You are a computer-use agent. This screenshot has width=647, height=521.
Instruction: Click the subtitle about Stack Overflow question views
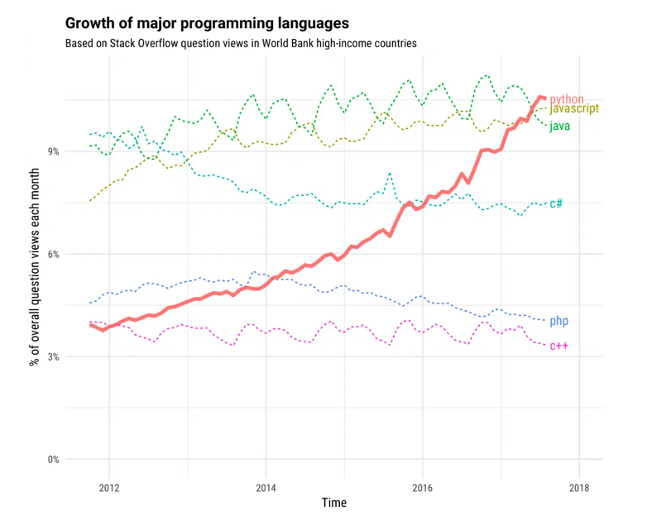[240, 42]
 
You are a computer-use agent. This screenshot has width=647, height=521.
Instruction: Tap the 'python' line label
[567, 99]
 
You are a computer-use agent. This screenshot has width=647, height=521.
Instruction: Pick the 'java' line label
[559, 126]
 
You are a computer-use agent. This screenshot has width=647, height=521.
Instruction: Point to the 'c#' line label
[557, 203]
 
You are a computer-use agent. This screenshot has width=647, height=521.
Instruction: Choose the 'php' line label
[559, 321]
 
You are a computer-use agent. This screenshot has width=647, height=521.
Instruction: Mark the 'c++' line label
[559, 346]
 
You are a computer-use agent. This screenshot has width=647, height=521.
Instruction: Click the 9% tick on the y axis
[53, 151]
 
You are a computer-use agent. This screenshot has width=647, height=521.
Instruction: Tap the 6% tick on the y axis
[53, 254]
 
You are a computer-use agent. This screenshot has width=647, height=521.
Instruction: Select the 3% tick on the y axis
[53, 356]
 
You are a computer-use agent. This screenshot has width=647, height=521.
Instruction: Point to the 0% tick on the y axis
[53, 460]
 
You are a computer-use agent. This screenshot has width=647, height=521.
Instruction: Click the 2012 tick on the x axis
[109, 486]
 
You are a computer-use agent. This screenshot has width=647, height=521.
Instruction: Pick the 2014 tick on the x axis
[266, 486]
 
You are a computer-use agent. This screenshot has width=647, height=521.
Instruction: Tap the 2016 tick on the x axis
[422, 486]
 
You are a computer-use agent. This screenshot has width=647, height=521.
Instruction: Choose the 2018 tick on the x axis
[579, 486]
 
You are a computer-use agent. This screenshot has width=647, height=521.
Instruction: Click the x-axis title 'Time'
[334, 503]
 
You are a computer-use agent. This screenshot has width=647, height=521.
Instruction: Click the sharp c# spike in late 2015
[390, 174]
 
